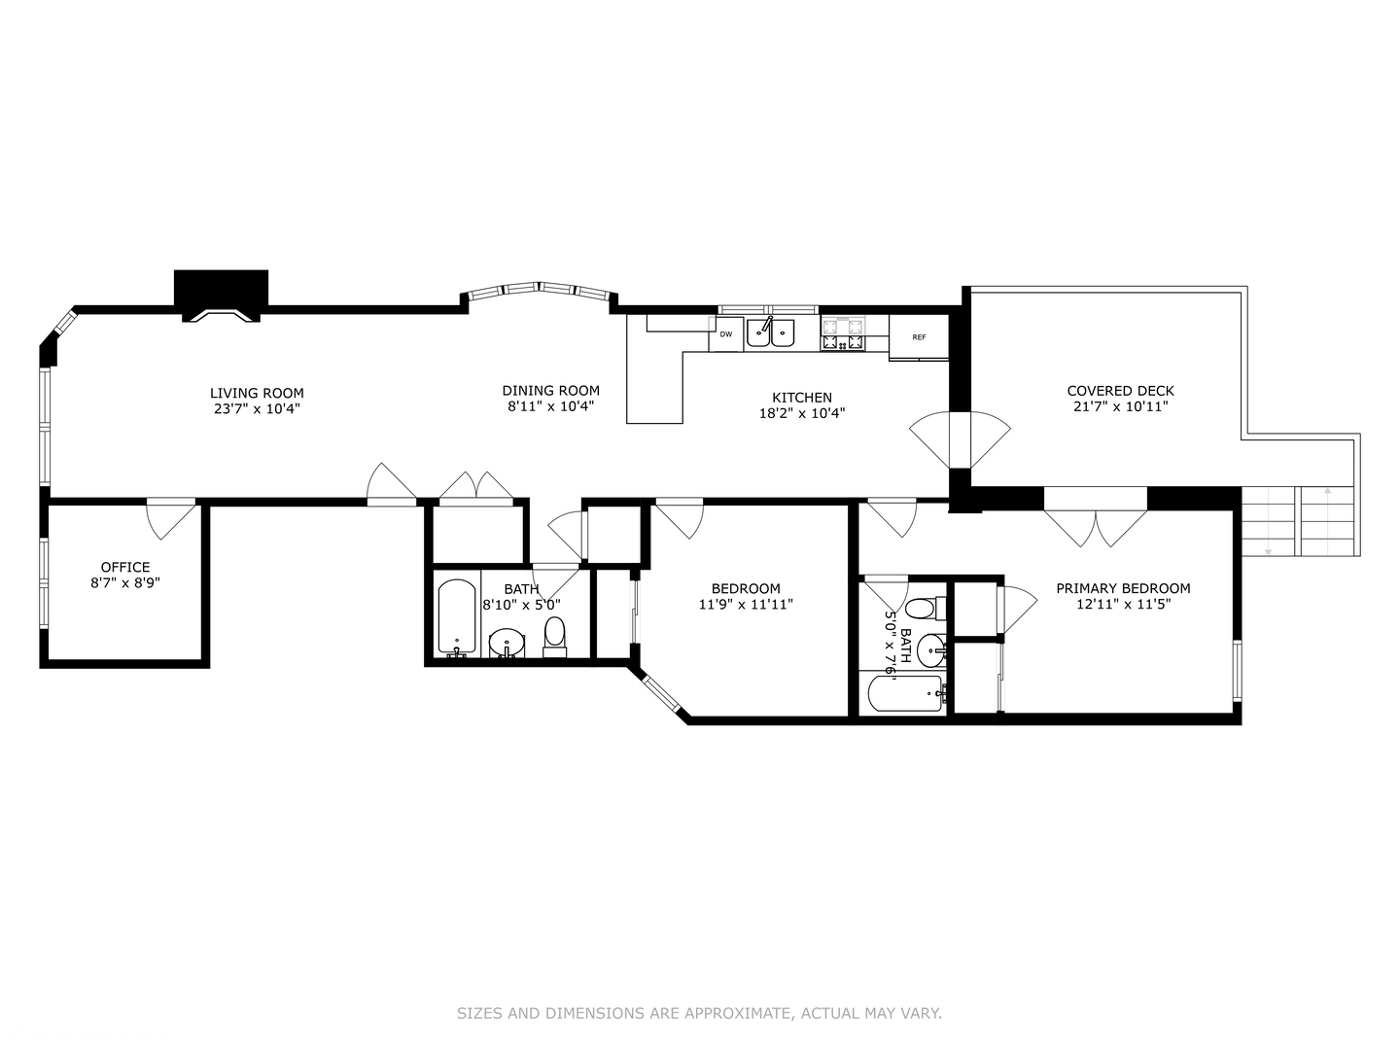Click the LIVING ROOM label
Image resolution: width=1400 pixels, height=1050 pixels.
(x=257, y=393)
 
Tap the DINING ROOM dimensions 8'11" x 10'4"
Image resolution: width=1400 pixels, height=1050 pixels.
(x=550, y=406)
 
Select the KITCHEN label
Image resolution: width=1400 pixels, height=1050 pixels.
(x=801, y=397)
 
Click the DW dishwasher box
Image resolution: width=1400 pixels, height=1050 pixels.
(x=726, y=334)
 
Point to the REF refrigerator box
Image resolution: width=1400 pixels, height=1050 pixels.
(x=919, y=337)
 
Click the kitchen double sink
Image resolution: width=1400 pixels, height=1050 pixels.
(x=770, y=333)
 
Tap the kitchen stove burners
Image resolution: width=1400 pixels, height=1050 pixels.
(x=843, y=333)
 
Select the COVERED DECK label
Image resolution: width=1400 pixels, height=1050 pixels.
(x=1120, y=391)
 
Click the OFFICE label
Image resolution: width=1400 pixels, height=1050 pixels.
(x=125, y=567)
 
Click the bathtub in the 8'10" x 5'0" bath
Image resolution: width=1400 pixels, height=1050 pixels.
(x=456, y=618)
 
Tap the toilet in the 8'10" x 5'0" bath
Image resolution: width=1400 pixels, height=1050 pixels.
(x=554, y=636)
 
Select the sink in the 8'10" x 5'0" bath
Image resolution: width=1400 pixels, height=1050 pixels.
(x=506, y=643)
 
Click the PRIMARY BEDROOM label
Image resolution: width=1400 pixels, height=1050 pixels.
(x=1123, y=588)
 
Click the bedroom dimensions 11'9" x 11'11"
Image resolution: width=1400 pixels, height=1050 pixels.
(x=746, y=604)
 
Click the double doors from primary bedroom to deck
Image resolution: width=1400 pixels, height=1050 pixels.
(x=1096, y=525)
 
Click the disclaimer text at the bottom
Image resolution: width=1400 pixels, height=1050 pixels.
(x=699, y=1013)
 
